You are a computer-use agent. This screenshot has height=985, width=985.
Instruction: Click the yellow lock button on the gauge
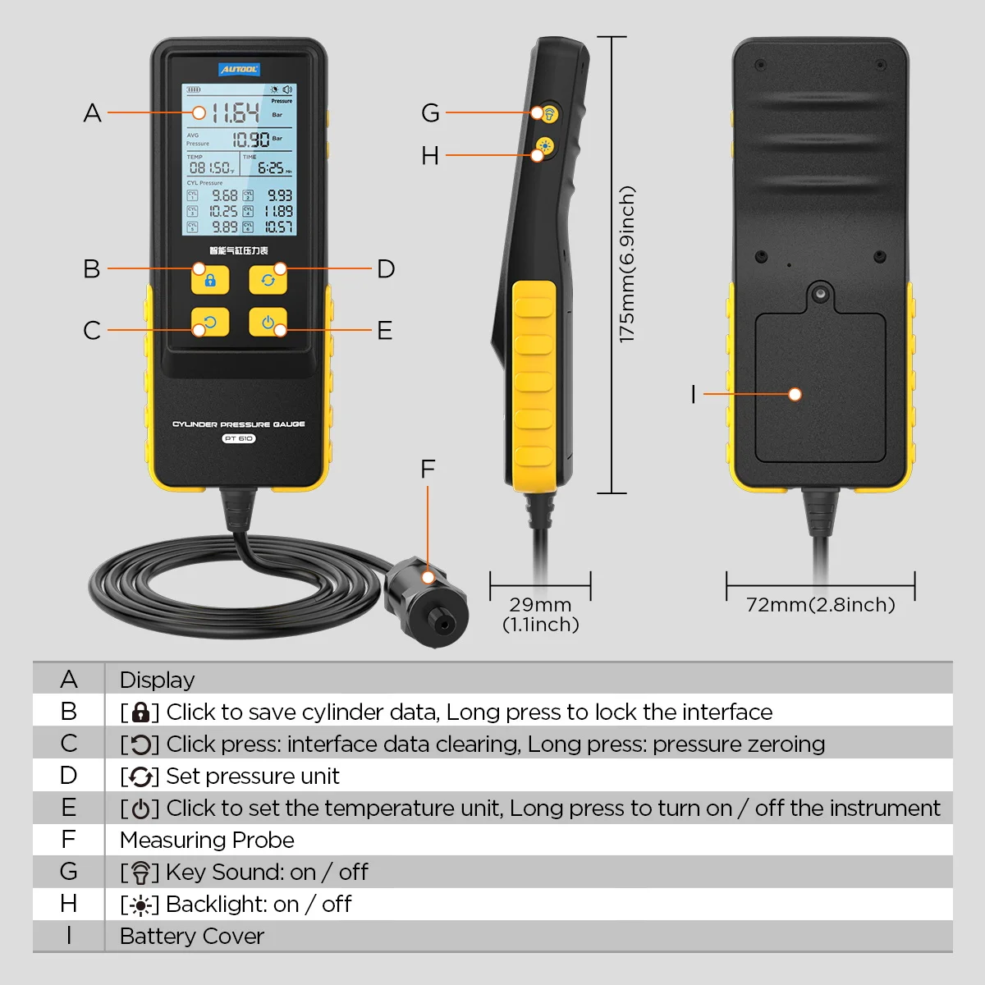(209, 279)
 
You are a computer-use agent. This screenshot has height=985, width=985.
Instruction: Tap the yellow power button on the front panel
(268, 322)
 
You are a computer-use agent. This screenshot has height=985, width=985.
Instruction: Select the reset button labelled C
(209, 322)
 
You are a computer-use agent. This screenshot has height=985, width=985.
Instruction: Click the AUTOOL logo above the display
(239, 70)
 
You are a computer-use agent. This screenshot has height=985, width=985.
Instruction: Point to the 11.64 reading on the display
(235, 112)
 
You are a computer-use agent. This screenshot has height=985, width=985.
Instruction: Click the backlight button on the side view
(544, 149)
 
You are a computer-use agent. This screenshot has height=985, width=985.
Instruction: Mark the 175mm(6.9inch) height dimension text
(627, 264)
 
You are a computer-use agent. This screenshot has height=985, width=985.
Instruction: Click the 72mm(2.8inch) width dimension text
(820, 605)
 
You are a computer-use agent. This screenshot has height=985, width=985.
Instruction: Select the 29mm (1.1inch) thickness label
(540, 614)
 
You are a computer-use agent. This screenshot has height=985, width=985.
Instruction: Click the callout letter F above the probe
(427, 470)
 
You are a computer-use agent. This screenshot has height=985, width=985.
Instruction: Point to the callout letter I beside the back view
(693, 395)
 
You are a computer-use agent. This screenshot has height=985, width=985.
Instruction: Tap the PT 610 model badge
(239, 438)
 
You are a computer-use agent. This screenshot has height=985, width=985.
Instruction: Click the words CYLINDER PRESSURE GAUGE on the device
(239, 424)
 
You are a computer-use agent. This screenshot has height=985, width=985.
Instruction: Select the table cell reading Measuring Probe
(207, 840)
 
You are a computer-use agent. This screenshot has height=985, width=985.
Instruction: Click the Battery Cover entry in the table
(192, 936)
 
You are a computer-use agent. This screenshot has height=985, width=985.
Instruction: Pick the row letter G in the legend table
(69, 872)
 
